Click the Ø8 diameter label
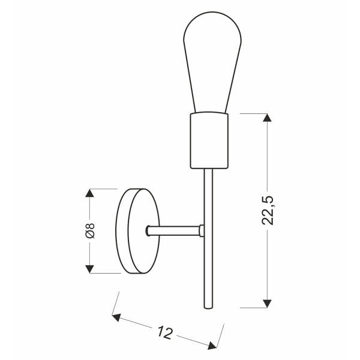click(90, 230)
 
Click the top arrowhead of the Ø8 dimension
click(90, 194)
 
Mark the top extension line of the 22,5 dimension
click(252, 112)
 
